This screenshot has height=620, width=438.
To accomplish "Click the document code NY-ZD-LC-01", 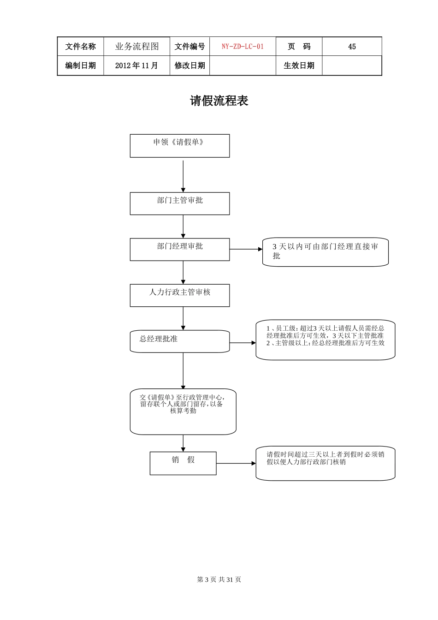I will point(243,47).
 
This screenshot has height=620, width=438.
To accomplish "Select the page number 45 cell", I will point(352,47).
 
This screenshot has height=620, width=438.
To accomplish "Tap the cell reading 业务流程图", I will point(136,47).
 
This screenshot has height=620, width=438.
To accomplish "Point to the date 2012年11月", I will point(136,66).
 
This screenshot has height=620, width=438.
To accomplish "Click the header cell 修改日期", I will point(189,66).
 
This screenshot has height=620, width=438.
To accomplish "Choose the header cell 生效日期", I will point(299,66).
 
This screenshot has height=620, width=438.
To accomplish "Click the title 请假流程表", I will point(219,101).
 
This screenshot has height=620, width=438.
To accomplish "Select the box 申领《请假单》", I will point(179,146).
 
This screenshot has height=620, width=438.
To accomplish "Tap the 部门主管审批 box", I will point(179,203).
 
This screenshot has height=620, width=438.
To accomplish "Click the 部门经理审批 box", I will point(179,250).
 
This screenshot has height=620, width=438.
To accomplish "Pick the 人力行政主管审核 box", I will point(179,295).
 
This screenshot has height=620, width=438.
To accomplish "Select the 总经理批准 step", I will point(179,341).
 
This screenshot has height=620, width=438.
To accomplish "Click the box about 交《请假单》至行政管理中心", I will point(183,411).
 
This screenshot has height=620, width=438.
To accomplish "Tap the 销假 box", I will point(183,463).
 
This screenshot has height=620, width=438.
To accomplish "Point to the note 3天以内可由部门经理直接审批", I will point(325,252).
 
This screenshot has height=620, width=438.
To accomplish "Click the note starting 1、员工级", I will point(325,340).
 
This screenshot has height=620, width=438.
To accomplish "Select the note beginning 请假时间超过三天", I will point(325,463).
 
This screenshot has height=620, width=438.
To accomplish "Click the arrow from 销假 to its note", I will point(236,463).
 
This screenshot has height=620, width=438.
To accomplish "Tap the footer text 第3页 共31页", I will point(219,579).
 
